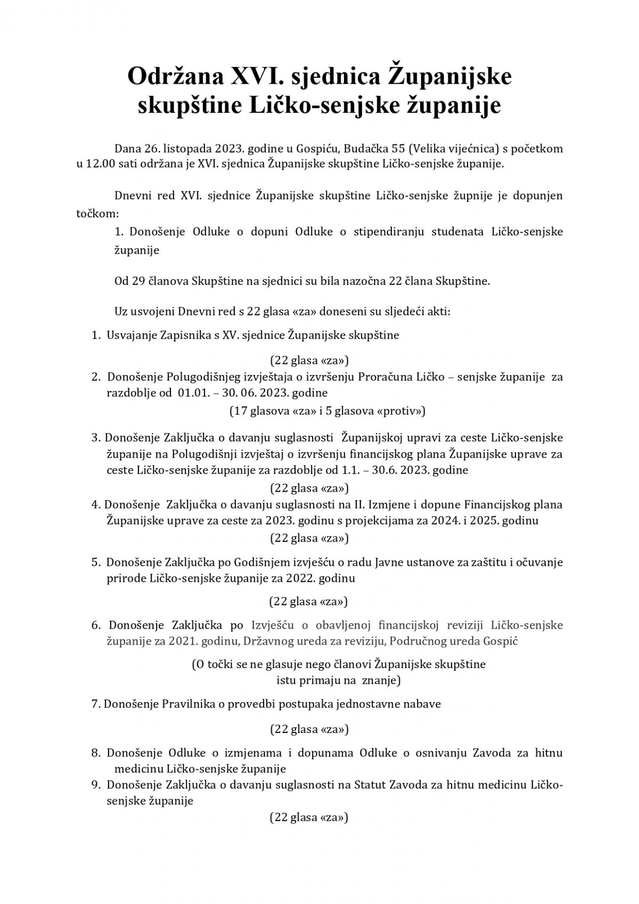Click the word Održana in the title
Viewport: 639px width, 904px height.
click(174, 77)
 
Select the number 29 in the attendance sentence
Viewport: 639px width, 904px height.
click(138, 281)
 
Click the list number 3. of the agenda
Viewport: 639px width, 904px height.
click(96, 438)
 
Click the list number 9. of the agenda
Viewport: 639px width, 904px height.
click(96, 785)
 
